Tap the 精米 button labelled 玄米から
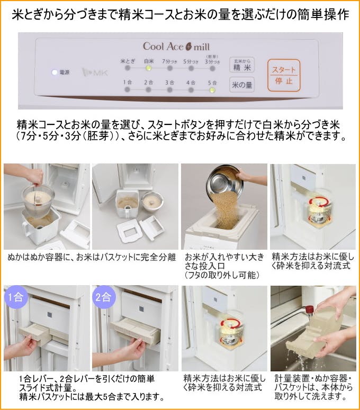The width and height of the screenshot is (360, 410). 241,66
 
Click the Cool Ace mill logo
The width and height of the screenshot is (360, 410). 176,47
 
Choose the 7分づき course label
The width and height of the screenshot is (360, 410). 170,61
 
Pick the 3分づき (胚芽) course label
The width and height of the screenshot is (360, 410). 212,60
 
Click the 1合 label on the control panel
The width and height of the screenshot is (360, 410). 128,82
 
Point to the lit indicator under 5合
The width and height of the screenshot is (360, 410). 212,89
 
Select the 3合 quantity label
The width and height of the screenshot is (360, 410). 170,82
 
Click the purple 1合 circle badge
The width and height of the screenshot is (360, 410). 14,296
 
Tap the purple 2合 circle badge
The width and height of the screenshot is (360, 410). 103,296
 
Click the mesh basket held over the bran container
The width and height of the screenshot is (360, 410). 38,198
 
